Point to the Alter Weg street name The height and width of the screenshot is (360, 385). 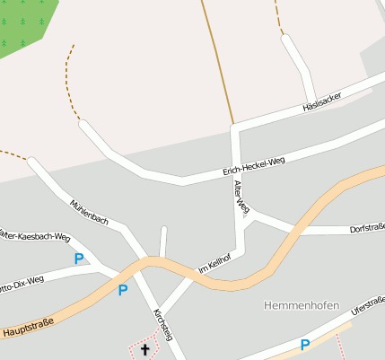coord(240,195)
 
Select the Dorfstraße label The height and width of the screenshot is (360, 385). coord(366,230)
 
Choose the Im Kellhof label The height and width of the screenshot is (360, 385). coord(214,264)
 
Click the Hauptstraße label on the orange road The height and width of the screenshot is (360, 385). coord(28,329)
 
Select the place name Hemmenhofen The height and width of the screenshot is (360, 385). coord(302,305)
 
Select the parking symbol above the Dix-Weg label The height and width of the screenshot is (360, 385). coord(79,259)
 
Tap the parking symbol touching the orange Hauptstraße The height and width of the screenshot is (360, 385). coord(123,290)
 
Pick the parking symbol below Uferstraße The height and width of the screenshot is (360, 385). coord(305,345)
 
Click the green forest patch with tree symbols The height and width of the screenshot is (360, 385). coord(22,24)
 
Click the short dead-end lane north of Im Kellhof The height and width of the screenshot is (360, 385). coord(163,241)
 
